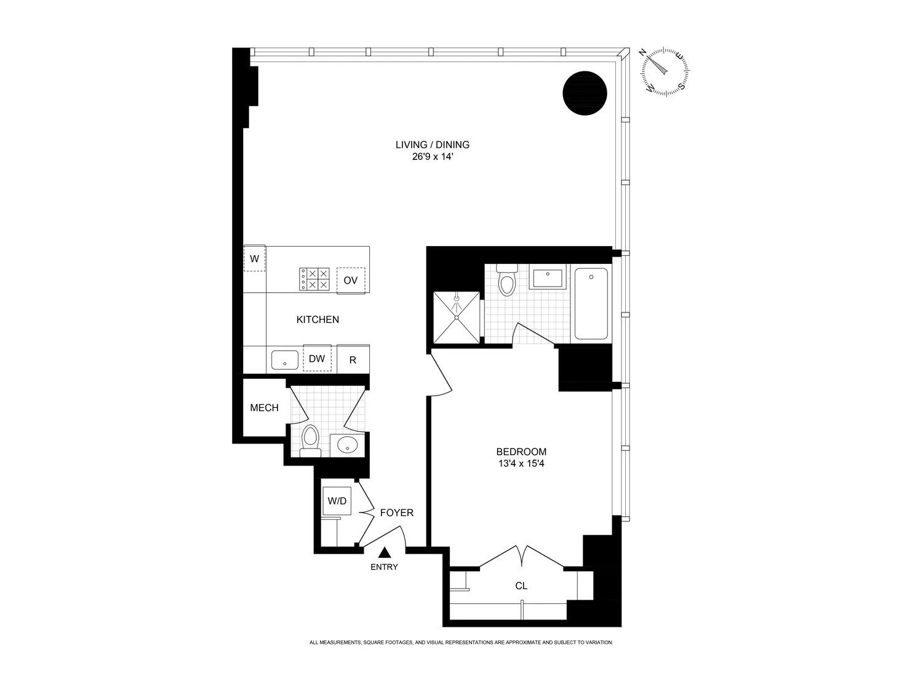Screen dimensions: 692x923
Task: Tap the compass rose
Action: (x=665, y=71)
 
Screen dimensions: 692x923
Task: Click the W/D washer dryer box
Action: (x=337, y=501)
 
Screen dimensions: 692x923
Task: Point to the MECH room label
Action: (x=264, y=408)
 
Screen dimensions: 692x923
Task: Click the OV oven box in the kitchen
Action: (x=351, y=280)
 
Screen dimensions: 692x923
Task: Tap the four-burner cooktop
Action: (x=314, y=279)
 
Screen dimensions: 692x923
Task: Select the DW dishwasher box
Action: (x=317, y=359)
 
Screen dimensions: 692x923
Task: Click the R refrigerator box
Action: (x=353, y=360)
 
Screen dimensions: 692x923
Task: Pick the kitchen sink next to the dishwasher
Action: (x=284, y=359)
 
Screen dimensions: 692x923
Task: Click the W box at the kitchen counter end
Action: (x=254, y=259)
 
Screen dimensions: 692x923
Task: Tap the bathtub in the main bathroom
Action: (x=591, y=304)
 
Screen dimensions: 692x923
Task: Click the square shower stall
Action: (x=457, y=317)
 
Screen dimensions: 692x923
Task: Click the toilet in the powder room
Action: (x=311, y=440)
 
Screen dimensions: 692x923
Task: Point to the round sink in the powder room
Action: (x=348, y=445)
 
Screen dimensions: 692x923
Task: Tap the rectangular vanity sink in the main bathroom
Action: (x=548, y=278)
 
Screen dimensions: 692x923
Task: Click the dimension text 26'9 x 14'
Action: (x=433, y=157)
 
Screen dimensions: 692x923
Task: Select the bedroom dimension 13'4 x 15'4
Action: (x=521, y=463)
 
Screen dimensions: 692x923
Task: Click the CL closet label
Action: (x=521, y=586)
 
